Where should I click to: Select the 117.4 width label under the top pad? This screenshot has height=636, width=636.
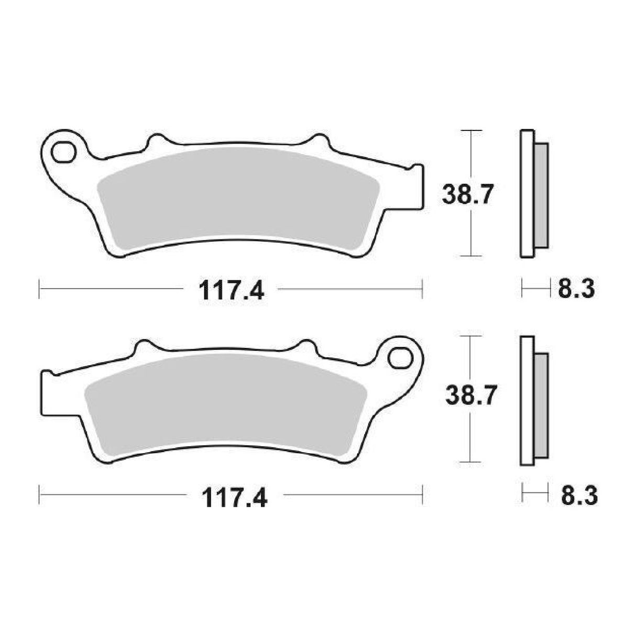pyautogui.click(x=231, y=290)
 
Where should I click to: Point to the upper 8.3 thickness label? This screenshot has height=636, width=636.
pyautogui.click(x=575, y=289)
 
